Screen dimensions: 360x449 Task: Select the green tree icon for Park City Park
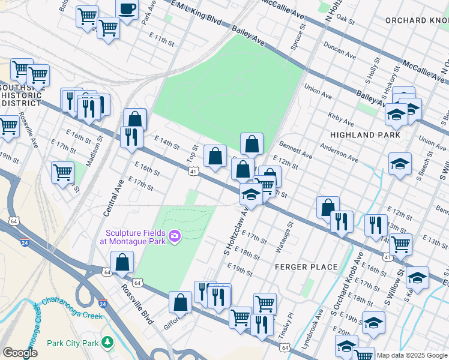(x=107, y=342)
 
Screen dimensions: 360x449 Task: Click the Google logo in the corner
(x=20, y=353)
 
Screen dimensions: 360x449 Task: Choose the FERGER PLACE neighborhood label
(x=306, y=266)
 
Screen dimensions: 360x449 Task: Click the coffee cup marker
(x=127, y=10)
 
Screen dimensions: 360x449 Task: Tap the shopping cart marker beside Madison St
(x=62, y=172)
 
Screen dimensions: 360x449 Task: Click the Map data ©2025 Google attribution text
(x=412, y=355)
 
